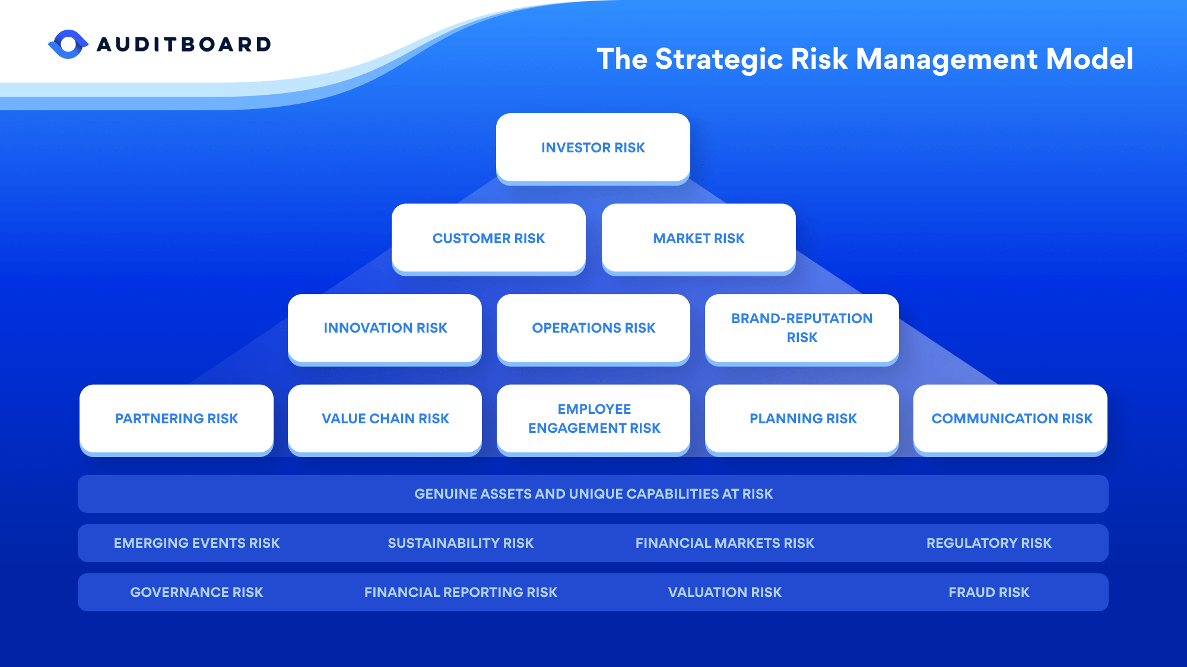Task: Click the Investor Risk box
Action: (593, 148)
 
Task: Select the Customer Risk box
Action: (488, 238)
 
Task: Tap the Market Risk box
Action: (699, 238)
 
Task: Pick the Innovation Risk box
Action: (385, 328)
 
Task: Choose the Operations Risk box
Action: (593, 328)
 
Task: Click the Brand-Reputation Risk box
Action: (802, 328)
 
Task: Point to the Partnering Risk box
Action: (176, 419)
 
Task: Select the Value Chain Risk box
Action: (385, 419)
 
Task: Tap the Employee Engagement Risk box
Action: (593, 419)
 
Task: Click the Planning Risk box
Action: (802, 419)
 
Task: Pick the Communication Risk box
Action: (1011, 419)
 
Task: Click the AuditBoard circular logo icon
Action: (68, 44)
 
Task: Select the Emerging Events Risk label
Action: (196, 543)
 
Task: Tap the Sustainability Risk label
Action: (461, 543)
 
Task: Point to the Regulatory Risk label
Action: (989, 543)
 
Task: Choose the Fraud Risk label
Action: (989, 592)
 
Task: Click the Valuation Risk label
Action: (725, 592)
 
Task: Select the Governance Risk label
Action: (196, 592)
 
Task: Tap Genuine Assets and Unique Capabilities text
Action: (593, 494)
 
